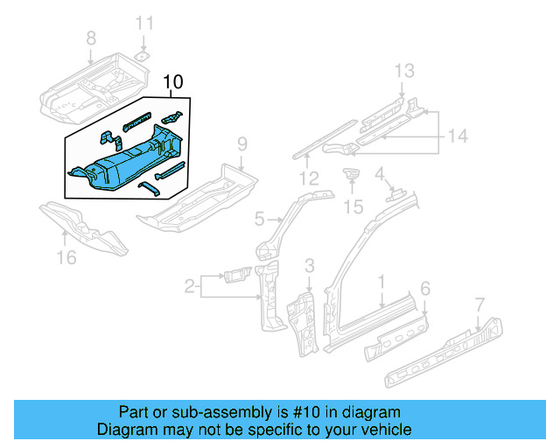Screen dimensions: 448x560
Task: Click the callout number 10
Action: click(x=173, y=82)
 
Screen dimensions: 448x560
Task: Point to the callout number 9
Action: click(x=242, y=143)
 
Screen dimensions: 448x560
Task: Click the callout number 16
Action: click(x=66, y=256)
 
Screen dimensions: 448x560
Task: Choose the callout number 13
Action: click(x=402, y=70)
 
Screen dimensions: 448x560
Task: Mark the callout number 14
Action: click(x=458, y=136)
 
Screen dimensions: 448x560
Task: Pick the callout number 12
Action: click(x=308, y=179)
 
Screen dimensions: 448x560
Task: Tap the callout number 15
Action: click(x=353, y=206)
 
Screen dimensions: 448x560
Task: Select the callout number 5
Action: click(x=260, y=218)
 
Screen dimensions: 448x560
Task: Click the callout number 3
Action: click(x=309, y=265)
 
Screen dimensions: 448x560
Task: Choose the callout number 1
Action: click(x=381, y=281)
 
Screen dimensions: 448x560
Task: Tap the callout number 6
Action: click(x=425, y=288)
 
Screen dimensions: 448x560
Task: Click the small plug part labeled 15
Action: click(x=353, y=175)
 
